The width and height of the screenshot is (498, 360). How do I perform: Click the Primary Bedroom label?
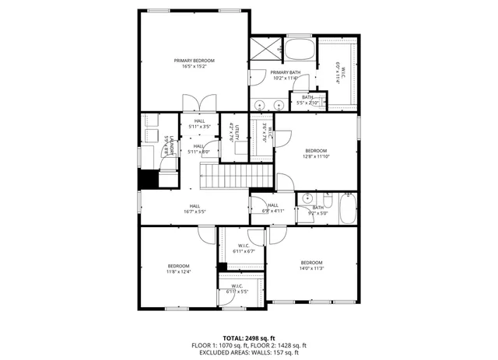pos(194,63)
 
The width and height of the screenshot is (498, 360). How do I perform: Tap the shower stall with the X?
pos(266,49)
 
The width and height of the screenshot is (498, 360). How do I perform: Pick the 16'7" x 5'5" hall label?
pos(195,208)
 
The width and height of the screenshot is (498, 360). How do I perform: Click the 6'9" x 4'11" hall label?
pos(272,208)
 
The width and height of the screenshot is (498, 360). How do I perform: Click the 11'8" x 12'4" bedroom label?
pos(178,268)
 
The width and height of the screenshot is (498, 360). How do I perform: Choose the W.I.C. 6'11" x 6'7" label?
pos(244,249)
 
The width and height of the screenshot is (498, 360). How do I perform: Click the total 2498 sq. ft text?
pos(249,338)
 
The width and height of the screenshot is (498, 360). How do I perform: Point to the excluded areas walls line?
pos(249,352)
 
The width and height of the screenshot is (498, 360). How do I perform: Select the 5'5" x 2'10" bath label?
pos(308,100)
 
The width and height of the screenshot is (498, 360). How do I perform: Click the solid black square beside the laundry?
pos(148,179)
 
